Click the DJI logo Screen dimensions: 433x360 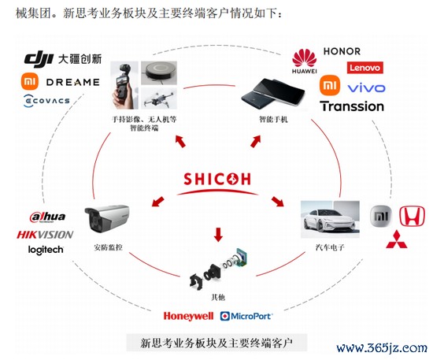tap(39, 59)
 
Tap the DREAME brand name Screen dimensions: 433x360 tap(73, 82)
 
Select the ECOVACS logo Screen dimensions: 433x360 tap(46, 101)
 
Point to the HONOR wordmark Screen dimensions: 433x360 tap(342, 51)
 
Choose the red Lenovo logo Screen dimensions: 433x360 tap(365, 68)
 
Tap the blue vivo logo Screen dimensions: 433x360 tap(366, 88)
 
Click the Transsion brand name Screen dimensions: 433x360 tap(352, 106)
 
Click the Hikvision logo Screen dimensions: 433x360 tap(45, 235)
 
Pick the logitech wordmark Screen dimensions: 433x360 tap(46, 250)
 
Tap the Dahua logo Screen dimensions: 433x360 tap(47, 217)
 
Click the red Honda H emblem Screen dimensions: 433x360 tap(412, 216)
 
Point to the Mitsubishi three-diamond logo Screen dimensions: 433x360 tap(397, 239)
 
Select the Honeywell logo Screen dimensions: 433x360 tap(188, 316)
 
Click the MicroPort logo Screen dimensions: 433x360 tap(246, 316)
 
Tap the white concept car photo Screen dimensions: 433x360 tap(331, 219)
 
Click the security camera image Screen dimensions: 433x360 tap(107, 219)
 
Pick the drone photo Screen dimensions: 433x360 tap(159, 99)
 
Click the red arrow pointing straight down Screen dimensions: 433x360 tap(218, 235)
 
